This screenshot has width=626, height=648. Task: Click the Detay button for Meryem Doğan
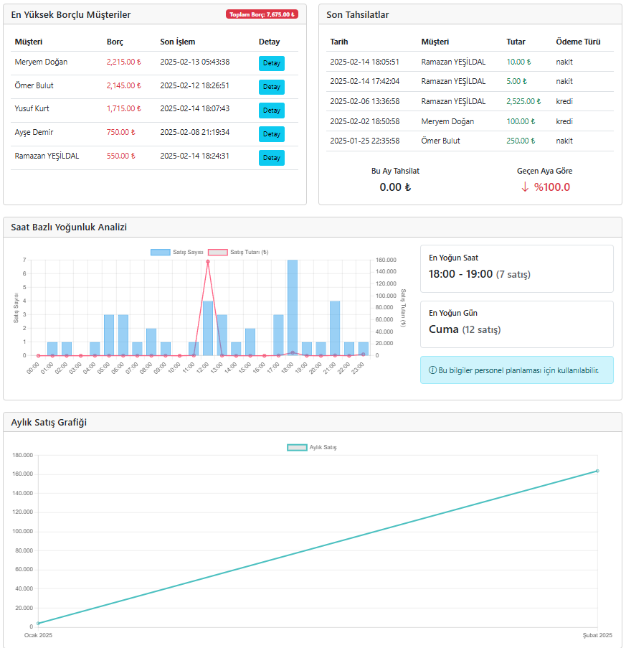[271, 63]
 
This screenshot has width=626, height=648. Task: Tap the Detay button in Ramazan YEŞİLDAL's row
[271, 158]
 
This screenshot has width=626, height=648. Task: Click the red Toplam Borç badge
[262, 14]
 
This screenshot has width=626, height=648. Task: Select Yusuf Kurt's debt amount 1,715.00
[124, 108]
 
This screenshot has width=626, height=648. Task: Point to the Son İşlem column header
[178, 42]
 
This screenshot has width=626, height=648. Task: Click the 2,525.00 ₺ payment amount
[523, 101]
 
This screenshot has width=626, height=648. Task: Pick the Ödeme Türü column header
[578, 42]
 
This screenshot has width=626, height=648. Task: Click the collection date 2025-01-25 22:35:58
[364, 141]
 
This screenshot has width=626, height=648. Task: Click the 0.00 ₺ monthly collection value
[395, 187]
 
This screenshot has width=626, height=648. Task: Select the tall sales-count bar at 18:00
[293, 307]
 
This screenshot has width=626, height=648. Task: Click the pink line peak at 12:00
[208, 262]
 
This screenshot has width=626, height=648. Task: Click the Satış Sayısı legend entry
[177, 252]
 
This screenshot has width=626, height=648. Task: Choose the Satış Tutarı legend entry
[238, 252]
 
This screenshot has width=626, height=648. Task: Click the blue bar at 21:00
[335, 328]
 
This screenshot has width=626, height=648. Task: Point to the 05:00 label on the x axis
[103, 368]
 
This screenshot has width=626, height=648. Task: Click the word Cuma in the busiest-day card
[443, 329]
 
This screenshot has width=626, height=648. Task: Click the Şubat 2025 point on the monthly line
[597, 471]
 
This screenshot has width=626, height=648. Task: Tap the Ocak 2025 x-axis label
[39, 635]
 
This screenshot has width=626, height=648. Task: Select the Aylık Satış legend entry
[312, 448]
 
